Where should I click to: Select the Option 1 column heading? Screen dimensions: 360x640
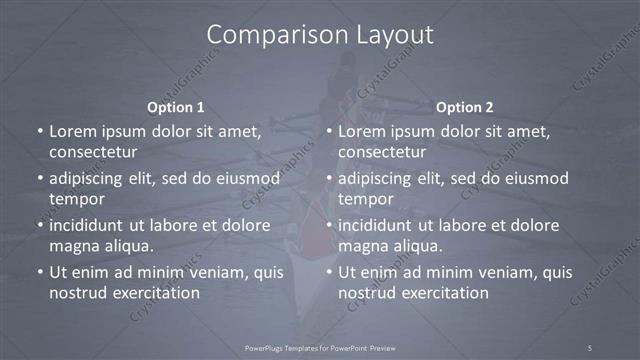pos(176,107)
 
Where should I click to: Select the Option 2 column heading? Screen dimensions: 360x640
pos(465,107)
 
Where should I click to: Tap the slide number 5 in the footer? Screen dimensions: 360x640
pos(590,347)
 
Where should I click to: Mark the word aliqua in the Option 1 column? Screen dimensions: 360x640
pos(129,246)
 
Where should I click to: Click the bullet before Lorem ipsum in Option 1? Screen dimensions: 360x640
pos(38,131)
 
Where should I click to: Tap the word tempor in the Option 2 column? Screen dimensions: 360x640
pos(365,199)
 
